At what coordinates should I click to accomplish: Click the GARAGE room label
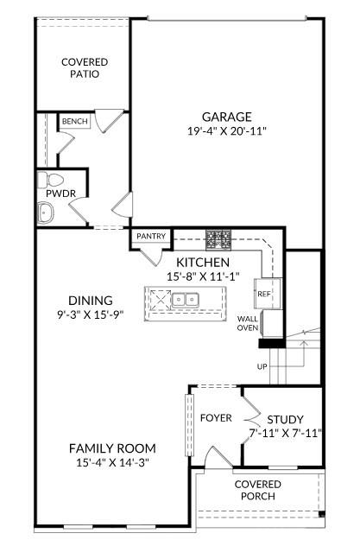pos(227,117)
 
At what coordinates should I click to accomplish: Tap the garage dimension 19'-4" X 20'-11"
pos(227,131)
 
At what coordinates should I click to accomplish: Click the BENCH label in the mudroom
pos(74,122)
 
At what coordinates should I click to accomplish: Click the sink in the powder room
pos(45,212)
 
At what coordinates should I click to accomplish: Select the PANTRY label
pos(151,236)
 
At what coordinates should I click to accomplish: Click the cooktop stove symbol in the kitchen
pos(218,238)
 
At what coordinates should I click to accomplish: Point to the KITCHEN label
pos(203,262)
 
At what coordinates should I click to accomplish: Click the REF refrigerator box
pos(263,294)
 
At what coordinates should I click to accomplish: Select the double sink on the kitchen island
pos(183,301)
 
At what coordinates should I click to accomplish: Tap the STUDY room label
pos(285,419)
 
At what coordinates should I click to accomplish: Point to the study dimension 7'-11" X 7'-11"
pos(285,433)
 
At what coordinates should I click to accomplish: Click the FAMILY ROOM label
pos(112,448)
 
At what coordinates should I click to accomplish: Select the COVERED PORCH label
pos(258,490)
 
